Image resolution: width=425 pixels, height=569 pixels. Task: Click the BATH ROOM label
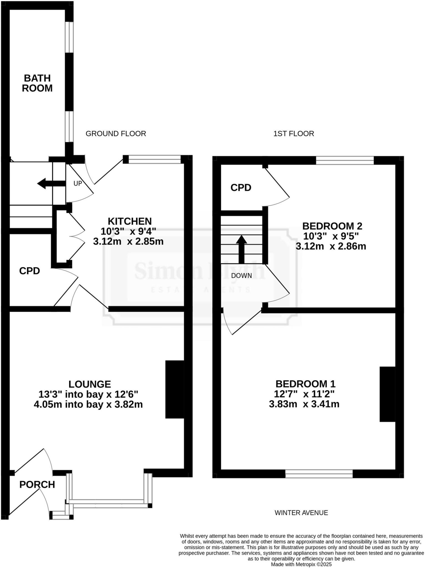click(37, 83)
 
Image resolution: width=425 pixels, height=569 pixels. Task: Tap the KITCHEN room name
click(130, 221)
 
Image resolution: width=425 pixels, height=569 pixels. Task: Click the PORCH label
click(37, 485)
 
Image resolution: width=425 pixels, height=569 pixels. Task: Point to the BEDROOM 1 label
click(305, 384)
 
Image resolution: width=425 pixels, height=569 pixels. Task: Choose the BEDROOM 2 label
click(332, 226)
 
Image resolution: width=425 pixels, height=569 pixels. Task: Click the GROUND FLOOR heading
click(116, 134)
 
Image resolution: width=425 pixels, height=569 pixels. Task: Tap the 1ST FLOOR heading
click(294, 134)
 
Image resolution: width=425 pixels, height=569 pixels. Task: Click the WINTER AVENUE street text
click(301, 513)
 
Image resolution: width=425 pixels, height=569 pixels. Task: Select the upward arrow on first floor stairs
click(241, 249)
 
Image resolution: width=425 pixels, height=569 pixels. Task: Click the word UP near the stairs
click(77, 184)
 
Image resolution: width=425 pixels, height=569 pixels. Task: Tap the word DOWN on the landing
click(242, 276)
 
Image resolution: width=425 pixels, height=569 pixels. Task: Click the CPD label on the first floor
click(241, 188)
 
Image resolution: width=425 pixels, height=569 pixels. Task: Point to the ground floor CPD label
click(29, 271)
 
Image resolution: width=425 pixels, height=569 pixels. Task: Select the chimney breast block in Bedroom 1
click(387, 394)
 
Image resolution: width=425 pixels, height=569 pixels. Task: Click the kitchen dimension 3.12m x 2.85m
click(128, 241)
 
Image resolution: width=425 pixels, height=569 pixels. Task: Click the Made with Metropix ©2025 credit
click(301, 564)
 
